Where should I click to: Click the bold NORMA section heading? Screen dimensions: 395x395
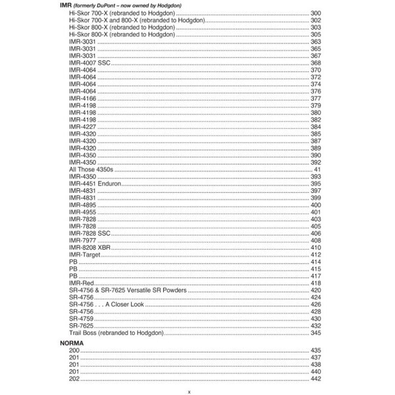(x=71, y=344)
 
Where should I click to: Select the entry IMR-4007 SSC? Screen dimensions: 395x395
(x=90, y=63)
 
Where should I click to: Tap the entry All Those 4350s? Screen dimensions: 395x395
(x=92, y=170)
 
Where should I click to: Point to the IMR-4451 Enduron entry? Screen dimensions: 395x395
(x=95, y=184)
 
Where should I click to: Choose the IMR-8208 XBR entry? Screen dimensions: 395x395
(x=93, y=248)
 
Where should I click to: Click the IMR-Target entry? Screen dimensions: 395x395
(x=85, y=255)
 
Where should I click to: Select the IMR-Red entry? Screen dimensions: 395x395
(x=82, y=283)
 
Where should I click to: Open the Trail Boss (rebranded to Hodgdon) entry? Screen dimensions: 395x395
(x=117, y=333)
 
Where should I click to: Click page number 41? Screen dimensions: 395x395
(x=317, y=170)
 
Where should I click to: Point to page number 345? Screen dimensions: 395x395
(x=315, y=333)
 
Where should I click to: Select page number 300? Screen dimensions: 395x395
(x=315, y=13)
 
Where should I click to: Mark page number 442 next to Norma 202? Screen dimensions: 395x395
(x=315, y=379)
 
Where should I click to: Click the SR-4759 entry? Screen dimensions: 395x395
(x=81, y=319)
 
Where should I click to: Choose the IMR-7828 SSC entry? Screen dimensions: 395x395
(x=90, y=233)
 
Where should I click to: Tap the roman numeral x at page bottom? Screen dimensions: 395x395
(x=189, y=391)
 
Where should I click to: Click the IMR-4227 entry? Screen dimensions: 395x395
(x=81, y=126)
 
